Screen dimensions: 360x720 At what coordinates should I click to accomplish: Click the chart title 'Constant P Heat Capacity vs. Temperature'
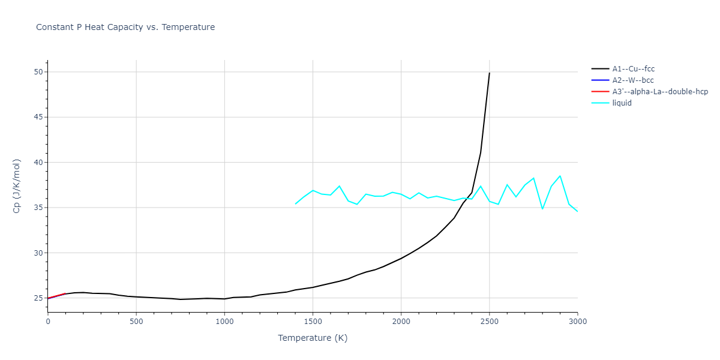click(x=125, y=27)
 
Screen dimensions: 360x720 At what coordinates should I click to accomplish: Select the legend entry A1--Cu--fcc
click(x=633, y=69)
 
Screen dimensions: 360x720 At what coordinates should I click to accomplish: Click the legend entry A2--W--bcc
click(x=633, y=80)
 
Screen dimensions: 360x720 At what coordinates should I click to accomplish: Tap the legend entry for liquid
click(x=622, y=103)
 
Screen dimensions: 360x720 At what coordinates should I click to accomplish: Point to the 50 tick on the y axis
click(x=38, y=72)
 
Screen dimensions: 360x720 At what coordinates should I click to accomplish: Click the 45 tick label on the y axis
click(x=38, y=117)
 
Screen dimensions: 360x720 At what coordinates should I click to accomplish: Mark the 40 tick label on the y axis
click(x=38, y=163)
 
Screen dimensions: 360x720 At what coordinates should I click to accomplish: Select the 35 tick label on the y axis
click(x=38, y=208)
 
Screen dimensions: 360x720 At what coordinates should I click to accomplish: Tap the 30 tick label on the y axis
click(x=38, y=253)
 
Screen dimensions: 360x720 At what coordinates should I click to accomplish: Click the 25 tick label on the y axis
click(x=38, y=298)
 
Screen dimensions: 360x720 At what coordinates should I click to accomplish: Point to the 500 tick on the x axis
click(x=136, y=322)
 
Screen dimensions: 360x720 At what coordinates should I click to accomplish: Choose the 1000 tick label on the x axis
click(x=224, y=322)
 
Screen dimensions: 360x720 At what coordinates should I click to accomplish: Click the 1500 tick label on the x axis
click(x=313, y=322)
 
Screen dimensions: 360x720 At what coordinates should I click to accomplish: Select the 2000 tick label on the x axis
click(x=401, y=322)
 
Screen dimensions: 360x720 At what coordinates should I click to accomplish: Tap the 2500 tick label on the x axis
click(x=489, y=322)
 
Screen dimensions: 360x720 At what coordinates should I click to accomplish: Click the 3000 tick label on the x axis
click(x=577, y=322)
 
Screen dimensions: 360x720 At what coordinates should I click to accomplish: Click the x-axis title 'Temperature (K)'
click(x=313, y=338)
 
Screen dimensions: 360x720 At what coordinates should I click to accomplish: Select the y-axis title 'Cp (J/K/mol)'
click(x=16, y=185)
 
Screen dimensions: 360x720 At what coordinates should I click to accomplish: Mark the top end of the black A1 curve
click(x=490, y=73)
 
